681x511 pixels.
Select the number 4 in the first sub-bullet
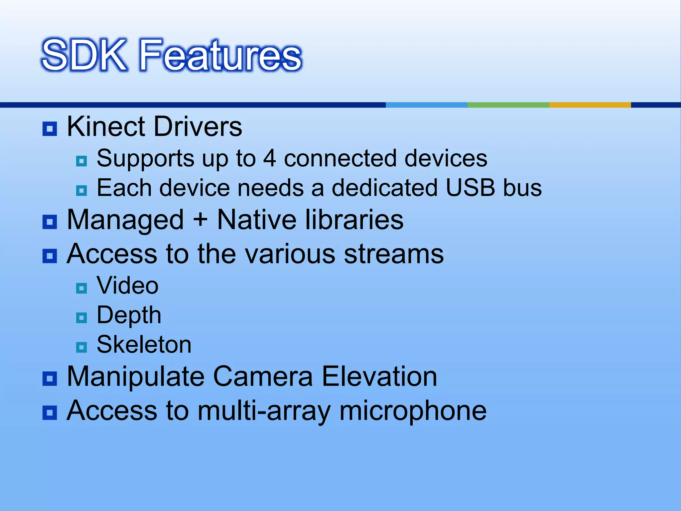coord(270,158)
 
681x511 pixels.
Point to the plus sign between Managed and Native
coord(200,220)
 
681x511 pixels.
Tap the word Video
coord(127,286)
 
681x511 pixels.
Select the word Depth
coord(129,315)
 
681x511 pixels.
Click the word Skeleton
coord(144,345)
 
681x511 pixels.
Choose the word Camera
coord(263,377)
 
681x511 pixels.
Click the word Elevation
coord(379,377)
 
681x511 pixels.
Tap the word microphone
coord(413,411)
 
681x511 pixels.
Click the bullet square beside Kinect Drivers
coord(50,129)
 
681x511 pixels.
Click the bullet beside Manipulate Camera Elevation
coord(50,379)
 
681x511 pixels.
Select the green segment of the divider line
coord(508,105)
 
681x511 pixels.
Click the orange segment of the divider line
coord(590,105)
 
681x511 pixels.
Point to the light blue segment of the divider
coord(426,105)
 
